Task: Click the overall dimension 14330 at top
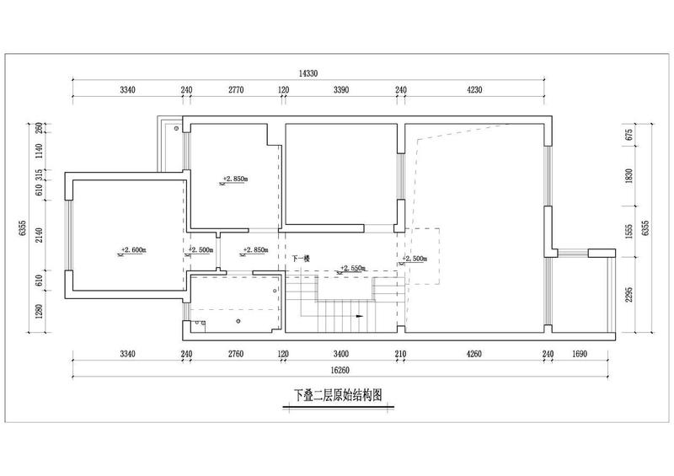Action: point(308,73)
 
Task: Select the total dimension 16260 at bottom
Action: point(340,370)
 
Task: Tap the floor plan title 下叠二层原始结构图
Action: point(338,395)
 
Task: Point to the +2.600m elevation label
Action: point(134,249)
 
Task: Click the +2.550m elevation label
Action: point(352,268)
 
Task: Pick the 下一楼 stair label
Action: point(301,259)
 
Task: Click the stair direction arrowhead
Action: point(360,316)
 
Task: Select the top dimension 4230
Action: point(474,90)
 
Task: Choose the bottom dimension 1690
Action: point(579,354)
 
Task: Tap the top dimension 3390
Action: point(341,90)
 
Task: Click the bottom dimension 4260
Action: point(473,354)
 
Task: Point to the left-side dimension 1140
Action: point(39,151)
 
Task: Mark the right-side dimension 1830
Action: point(629,176)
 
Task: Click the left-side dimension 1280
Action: point(39,312)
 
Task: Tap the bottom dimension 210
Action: point(400,354)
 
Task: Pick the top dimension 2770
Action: point(236,90)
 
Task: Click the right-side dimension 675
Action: point(629,135)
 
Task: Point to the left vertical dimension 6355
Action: point(23,228)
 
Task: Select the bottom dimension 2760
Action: point(236,354)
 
